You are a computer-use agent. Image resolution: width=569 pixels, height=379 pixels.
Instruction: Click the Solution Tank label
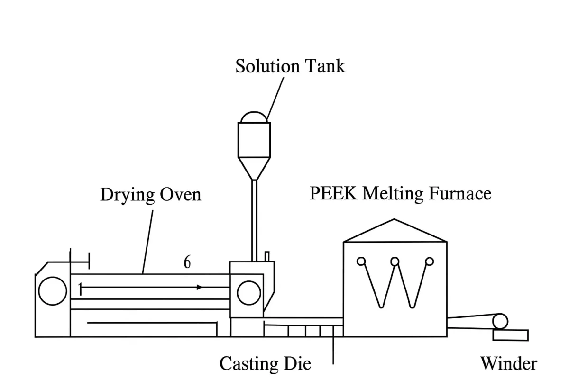tap(290, 66)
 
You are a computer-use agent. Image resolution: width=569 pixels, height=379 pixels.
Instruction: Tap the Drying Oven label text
tap(150, 194)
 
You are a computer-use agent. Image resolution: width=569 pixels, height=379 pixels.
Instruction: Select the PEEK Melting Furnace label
tap(400, 193)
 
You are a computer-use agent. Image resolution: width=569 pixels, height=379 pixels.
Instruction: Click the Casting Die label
tap(265, 363)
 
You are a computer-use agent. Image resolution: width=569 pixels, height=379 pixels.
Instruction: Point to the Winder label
tap(509, 363)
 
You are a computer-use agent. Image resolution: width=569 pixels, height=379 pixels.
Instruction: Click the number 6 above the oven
tap(187, 262)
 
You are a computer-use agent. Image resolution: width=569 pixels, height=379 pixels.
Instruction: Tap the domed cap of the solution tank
tap(254, 117)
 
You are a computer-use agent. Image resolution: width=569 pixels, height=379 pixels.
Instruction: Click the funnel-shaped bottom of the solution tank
tap(254, 168)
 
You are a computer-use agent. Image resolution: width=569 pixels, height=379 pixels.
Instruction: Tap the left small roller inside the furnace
tap(361, 261)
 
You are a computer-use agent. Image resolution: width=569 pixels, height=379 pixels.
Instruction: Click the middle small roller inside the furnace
tap(395, 261)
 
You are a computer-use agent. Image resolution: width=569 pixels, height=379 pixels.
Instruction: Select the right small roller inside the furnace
tap(429, 261)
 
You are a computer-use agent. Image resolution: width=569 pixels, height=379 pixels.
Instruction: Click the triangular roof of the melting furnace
tap(395, 232)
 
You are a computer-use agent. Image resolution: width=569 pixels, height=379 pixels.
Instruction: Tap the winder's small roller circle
tap(499, 322)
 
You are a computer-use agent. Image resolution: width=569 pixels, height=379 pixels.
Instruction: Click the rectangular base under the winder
tap(511, 335)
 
